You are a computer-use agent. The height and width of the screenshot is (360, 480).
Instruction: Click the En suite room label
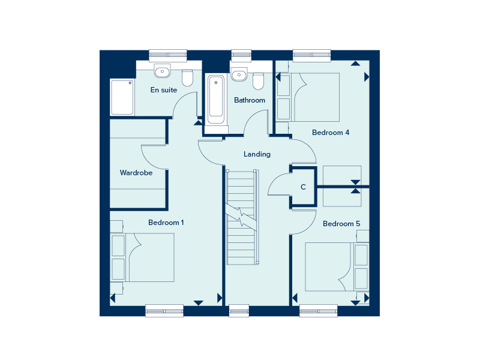[164, 90]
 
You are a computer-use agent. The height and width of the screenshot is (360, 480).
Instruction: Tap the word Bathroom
[250, 100]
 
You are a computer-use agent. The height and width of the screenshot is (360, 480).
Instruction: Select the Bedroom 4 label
[331, 133]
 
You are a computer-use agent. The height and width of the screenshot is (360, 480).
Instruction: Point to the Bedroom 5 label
[341, 224]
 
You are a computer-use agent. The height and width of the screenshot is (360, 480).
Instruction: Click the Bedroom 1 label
[166, 223]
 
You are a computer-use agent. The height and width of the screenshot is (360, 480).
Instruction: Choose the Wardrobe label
[136, 173]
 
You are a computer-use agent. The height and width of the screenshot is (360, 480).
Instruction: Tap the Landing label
[257, 154]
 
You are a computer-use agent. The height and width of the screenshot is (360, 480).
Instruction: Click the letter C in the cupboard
[303, 187]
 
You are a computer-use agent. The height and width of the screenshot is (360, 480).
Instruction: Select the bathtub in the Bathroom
[216, 100]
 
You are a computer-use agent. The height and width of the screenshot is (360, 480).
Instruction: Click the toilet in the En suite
[187, 78]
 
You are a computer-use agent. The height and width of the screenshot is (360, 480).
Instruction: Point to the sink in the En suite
[162, 71]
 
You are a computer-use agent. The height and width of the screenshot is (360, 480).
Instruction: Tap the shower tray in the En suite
[122, 97]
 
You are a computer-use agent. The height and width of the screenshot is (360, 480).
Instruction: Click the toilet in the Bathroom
[259, 81]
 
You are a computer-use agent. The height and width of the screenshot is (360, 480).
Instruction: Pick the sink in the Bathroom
[239, 74]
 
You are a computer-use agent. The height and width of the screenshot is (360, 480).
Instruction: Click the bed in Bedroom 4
[308, 97]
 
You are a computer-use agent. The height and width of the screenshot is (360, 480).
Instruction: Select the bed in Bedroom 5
[337, 266]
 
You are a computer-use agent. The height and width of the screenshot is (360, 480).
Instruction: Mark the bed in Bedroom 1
[142, 257]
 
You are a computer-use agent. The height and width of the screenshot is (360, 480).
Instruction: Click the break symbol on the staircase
[241, 217]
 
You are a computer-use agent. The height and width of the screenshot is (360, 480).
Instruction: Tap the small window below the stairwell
[239, 311]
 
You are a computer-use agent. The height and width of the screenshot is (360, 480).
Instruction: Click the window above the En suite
[168, 55]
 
